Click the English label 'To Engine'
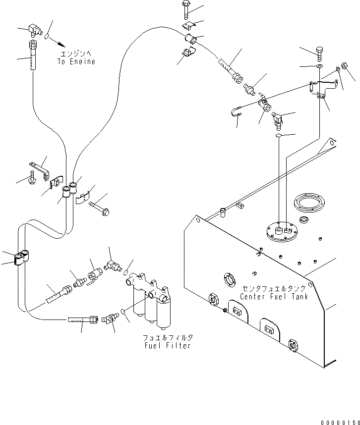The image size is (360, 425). click(76, 62)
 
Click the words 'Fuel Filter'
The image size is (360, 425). click(168, 346)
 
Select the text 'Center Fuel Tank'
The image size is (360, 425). click(274, 297)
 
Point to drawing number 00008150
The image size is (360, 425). click(340, 423)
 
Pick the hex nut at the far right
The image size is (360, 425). click(345, 65)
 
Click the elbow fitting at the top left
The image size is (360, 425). click(34, 30)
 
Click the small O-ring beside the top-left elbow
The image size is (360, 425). click(47, 36)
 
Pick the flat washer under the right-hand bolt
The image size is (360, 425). click(319, 66)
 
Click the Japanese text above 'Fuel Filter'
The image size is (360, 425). click(168, 338)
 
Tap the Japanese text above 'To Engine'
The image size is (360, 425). click(76, 53)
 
